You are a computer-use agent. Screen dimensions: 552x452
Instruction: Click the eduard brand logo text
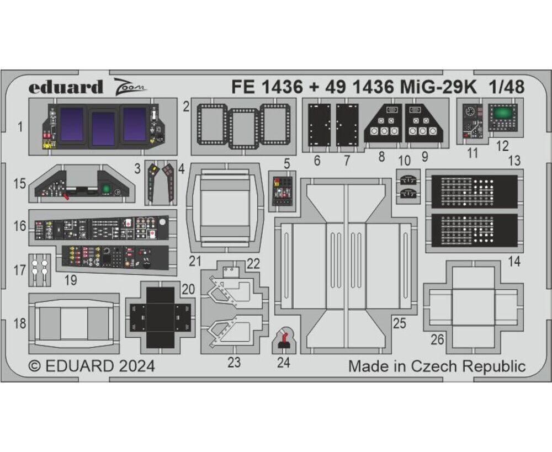pyautogui.click(x=66, y=87)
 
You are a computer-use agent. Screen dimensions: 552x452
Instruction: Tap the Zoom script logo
pyautogui.click(x=130, y=86)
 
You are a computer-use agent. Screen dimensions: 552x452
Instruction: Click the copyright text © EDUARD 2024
pyautogui.click(x=92, y=366)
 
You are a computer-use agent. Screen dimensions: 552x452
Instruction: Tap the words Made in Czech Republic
pyautogui.click(x=437, y=366)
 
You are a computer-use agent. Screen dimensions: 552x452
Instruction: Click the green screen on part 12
pyautogui.click(x=502, y=114)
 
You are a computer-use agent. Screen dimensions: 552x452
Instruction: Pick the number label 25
pyautogui.click(x=399, y=323)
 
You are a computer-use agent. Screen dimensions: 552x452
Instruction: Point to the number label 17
pyautogui.click(x=20, y=270)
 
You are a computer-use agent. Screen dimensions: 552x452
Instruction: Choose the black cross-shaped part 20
pyautogui.click(x=160, y=317)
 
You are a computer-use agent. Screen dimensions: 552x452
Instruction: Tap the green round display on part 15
pyautogui.click(x=105, y=189)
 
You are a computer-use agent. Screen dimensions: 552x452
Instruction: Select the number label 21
pyautogui.click(x=195, y=261)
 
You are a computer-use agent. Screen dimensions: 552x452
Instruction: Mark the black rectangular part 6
pyautogui.click(x=319, y=125)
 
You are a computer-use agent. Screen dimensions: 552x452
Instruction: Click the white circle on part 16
pyautogui.click(x=162, y=222)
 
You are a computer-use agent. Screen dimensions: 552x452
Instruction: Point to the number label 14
pyautogui.click(x=514, y=261)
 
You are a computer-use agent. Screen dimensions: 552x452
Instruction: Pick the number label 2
pyautogui.click(x=186, y=107)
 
